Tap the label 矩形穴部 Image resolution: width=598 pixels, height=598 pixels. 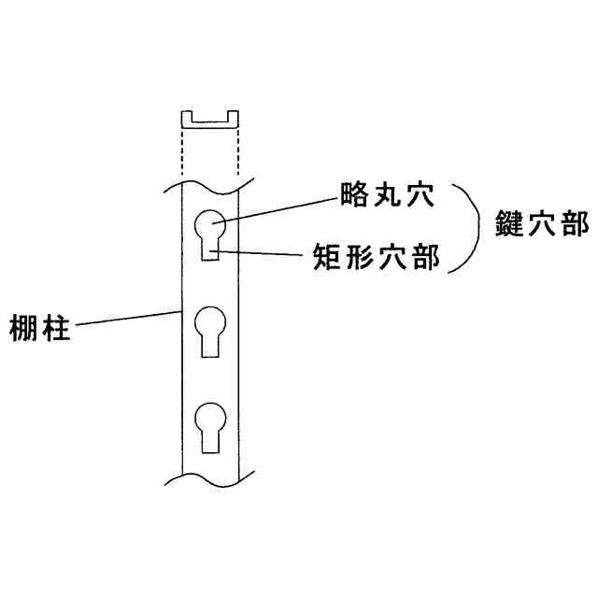[377, 259]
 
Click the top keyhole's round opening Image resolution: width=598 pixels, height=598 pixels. [209, 228]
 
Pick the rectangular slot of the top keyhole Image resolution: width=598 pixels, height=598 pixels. [209, 251]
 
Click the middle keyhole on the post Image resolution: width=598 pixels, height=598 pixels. [209, 331]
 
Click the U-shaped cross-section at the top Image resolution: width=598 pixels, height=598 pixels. [209, 120]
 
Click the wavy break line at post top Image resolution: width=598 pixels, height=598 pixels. [209, 183]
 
